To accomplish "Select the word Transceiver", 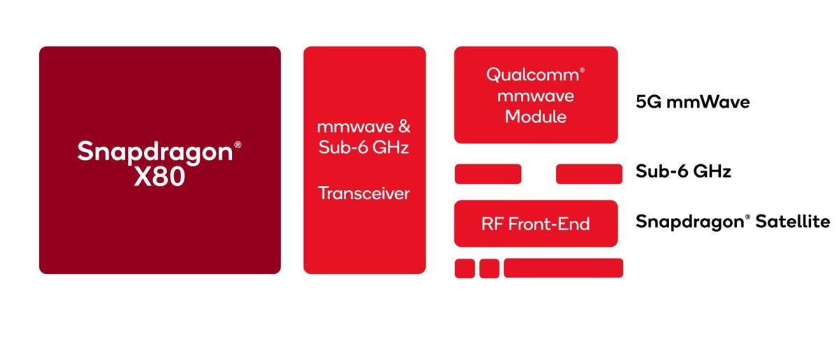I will point(364,193).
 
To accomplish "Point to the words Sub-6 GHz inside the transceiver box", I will point(364,147).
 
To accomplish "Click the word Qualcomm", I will point(533,75).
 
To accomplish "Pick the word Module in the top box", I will point(536,117).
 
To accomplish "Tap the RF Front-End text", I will point(536,224).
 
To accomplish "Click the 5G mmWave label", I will point(692,102).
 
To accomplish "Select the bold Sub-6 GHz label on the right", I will point(683,171).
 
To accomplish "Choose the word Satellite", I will point(792,222).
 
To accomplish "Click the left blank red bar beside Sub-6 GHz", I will point(488,174).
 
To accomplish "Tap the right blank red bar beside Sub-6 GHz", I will point(589,174).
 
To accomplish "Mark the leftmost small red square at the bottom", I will point(465,268).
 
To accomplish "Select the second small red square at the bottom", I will point(489,268).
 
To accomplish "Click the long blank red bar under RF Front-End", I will point(563,268).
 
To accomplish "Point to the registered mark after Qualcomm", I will point(582,70).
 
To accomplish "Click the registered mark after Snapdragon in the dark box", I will point(238,145).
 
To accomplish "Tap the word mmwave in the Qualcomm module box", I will point(536,96).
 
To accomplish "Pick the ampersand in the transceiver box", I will point(403,127).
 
